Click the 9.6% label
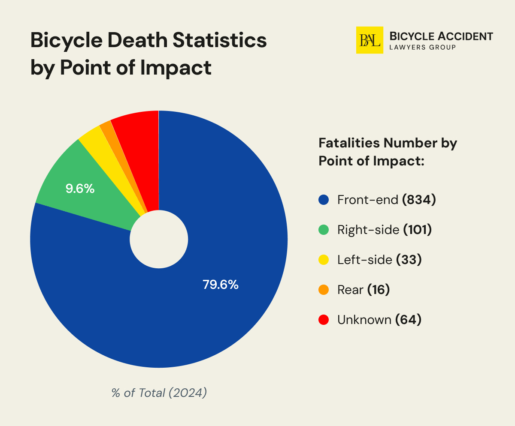[80, 188]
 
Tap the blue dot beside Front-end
[324, 200]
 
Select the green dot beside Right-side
[324, 230]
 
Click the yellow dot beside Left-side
[324, 260]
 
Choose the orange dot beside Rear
[324, 290]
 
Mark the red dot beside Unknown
[324, 320]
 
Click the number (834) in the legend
[419, 200]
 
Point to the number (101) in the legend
[417, 230]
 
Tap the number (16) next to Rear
[378, 290]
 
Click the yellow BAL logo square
[370, 40]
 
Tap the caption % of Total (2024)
[159, 393]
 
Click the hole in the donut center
[159, 239]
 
